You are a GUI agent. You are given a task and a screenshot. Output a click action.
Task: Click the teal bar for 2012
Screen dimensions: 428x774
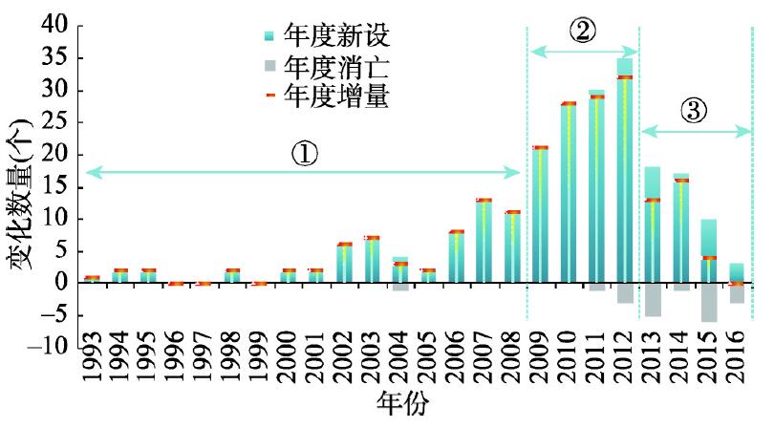624,172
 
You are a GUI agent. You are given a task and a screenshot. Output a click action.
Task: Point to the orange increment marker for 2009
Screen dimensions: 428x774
540,147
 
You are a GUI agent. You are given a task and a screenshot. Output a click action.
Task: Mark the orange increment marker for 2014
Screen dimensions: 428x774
680,180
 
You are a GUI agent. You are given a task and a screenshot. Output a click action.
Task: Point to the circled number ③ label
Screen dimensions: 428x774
695,111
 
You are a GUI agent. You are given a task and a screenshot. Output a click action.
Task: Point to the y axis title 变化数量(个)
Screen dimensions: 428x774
19,191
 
